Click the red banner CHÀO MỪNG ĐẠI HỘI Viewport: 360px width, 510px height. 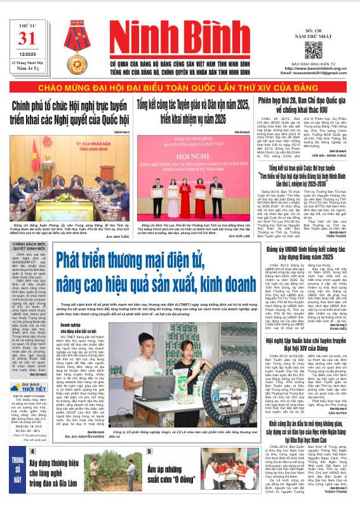[179, 86]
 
